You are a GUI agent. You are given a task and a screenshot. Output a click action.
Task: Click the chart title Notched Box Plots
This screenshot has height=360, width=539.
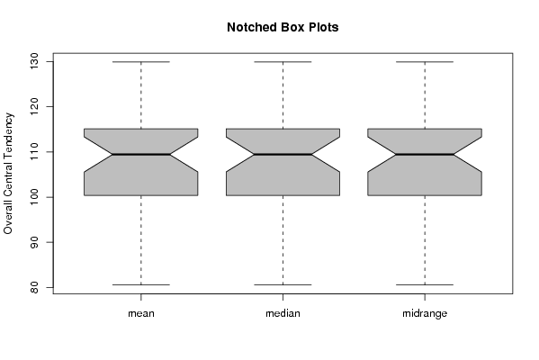click(x=283, y=27)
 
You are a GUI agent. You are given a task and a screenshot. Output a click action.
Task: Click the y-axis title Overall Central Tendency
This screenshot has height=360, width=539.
click(x=8, y=174)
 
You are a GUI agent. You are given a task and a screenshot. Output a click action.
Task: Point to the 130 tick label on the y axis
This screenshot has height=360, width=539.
click(x=34, y=61)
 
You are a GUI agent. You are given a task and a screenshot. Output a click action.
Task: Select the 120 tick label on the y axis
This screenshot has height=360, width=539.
click(x=34, y=106)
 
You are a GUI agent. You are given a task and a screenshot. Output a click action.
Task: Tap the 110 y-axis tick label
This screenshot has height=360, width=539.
click(x=34, y=151)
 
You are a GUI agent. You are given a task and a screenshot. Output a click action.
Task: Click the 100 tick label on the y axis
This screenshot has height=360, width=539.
click(x=34, y=197)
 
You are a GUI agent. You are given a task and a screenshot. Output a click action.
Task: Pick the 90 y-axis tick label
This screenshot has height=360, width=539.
click(x=34, y=242)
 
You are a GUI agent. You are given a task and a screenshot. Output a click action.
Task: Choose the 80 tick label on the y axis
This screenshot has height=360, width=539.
click(x=34, y=287)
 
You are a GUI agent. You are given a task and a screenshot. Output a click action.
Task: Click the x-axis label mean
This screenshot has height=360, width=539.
click(x=141, y=313)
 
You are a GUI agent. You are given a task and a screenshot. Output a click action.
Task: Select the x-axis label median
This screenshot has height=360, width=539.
click(x=283, y=313)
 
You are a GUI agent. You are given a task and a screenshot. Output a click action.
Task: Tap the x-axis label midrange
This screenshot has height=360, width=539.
click(x=425, y=313)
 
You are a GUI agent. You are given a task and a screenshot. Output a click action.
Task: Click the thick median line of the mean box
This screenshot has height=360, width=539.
click(x=141, y=155)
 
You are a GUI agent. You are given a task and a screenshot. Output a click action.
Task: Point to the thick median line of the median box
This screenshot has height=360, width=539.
click(x=283, y=155)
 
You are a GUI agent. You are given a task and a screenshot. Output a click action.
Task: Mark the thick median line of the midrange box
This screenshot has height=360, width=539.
click(x=425, y=155)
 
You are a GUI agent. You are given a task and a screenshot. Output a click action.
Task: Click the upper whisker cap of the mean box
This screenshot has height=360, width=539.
click(x=141, y=62)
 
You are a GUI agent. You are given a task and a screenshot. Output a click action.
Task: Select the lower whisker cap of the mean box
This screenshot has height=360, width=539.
click(x=141, y=284)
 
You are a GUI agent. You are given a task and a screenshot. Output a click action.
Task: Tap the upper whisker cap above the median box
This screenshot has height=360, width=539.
click(x=283, y=62)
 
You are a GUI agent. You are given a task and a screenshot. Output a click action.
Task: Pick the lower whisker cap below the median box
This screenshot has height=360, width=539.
click(x=283, y=284)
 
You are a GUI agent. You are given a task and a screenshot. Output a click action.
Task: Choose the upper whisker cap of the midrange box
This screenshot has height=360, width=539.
click(x=425, y=62)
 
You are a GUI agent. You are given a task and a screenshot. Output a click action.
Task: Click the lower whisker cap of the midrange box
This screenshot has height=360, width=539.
click(x=425, y=284)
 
